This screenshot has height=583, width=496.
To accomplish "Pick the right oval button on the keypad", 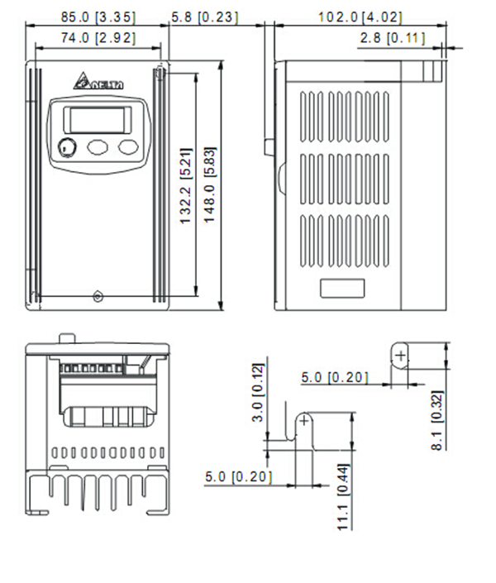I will (x=127, y=147).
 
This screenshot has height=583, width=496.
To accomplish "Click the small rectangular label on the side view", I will (x=341, y=288).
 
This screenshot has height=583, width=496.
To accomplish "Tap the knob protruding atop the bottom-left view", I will (x=67, y=337).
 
